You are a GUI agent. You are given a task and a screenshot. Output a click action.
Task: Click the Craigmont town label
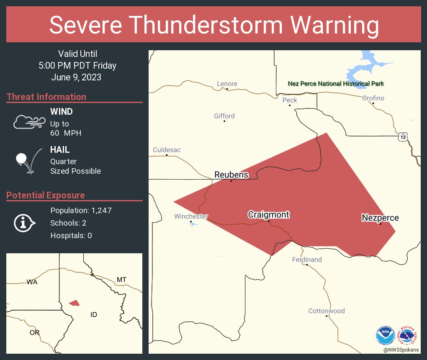click(268, 215)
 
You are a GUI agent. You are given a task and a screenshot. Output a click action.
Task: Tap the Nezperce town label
click(380, 218)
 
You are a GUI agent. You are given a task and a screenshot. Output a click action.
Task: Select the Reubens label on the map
click(231, 175)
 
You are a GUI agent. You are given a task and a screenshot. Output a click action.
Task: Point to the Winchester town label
click(191, 216)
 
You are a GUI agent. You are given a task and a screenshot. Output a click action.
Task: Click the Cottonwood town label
click(327, 311)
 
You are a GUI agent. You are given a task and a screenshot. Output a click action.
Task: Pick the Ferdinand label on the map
click(307, 260)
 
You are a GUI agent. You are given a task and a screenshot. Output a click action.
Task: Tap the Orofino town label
click(373, 98)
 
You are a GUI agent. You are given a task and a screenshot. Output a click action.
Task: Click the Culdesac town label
click(167, 150)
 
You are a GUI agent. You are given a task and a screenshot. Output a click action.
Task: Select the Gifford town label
click(224, 116)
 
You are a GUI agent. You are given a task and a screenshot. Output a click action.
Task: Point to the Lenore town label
click(227, 84)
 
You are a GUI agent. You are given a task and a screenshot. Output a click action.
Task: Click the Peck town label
click(290, 100)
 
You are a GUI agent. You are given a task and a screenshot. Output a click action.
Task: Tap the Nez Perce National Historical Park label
click(336, 84)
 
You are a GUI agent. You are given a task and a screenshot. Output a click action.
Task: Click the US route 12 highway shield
click(402, 137)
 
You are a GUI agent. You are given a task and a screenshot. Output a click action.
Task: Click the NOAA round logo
click(385, 335)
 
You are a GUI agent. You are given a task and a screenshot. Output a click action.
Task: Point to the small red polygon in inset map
click(74, 303)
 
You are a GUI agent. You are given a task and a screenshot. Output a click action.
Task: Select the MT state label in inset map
click(121, 280)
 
